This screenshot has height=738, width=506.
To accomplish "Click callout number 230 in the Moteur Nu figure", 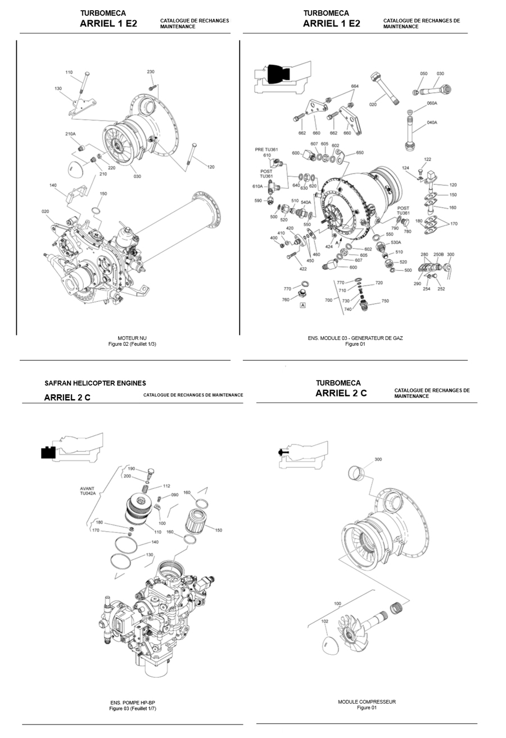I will click(151, 72).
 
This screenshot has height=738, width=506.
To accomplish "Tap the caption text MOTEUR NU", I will click(132, 338).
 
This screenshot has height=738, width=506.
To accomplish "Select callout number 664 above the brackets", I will click(355, 87).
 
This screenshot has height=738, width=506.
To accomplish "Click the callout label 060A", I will click(432, 103).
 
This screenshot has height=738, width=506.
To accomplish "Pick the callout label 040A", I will click(432, 123).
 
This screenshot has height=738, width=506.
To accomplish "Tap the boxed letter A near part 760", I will click(303, 305).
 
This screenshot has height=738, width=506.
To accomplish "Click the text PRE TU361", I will click(266, 150).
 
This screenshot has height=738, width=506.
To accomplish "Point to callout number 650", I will click(360, 153).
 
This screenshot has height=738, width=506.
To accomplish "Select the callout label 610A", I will click(257, 186).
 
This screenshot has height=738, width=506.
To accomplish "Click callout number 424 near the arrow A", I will click(328, 246).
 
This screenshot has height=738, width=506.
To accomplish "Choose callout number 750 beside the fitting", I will click(385, 301).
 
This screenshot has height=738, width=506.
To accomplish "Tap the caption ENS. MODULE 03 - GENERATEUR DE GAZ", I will click(355, 338).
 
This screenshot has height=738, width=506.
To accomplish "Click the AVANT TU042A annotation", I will click(87, 491).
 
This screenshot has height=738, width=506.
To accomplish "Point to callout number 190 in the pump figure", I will click(132, 468).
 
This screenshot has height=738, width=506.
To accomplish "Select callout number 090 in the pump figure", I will click(175, 495).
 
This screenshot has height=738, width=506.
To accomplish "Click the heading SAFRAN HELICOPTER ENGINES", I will click(95, 383).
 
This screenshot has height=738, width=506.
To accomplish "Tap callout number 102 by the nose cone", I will click(325, 622).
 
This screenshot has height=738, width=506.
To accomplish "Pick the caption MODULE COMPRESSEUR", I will click(367, 702).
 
